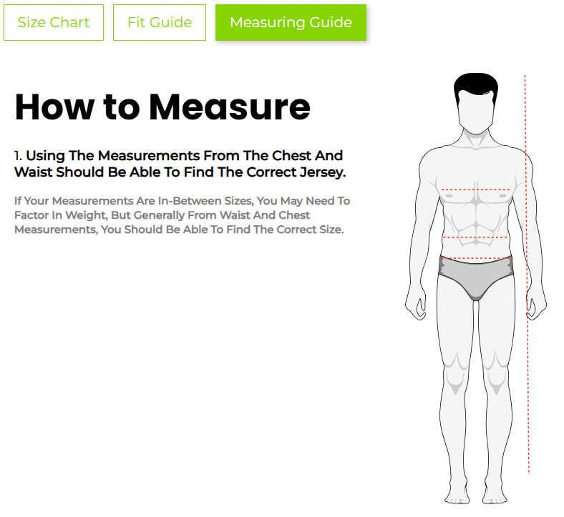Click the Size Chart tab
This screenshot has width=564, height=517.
tap(54, 22)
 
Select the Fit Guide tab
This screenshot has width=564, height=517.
tap(160, 22)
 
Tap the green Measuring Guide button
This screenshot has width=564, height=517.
tap(291, 22)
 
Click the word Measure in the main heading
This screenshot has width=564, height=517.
tap(230, 107)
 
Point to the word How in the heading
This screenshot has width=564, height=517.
tap(54, 107)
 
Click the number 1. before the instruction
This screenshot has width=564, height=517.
tap(18, 156)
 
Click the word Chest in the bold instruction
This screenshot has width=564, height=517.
tap(291, 156)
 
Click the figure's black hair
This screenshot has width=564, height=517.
tap(475, 87)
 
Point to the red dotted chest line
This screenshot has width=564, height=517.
tap(475, 189)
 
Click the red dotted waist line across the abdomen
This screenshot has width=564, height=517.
tap(475, 237)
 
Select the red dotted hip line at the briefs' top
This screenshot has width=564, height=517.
tap(475, 258)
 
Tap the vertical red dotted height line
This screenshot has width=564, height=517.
tap(527, 275)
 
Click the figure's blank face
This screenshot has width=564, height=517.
tap(475, 112)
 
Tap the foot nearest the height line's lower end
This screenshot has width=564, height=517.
tap(495, 496)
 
